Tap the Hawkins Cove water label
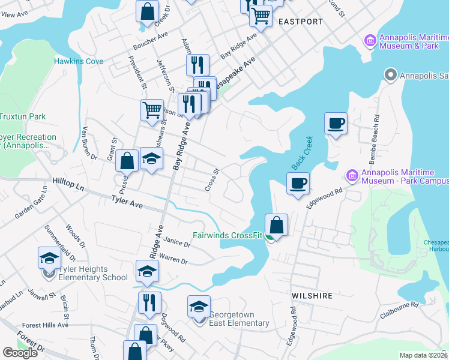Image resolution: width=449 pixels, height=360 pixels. [79, 61]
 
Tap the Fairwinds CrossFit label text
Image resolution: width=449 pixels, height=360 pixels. [228, 235]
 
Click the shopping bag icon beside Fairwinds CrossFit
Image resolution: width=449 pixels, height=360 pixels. [276, 226]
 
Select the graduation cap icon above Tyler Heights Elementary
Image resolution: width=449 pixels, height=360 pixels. [49, 259]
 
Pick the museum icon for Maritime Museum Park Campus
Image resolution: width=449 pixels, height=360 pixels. [353, 176]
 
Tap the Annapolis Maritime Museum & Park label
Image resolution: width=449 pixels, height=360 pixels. [405, 41]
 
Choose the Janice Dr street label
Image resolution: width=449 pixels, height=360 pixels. [176, 242]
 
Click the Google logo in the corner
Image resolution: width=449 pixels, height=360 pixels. [20, 353]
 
